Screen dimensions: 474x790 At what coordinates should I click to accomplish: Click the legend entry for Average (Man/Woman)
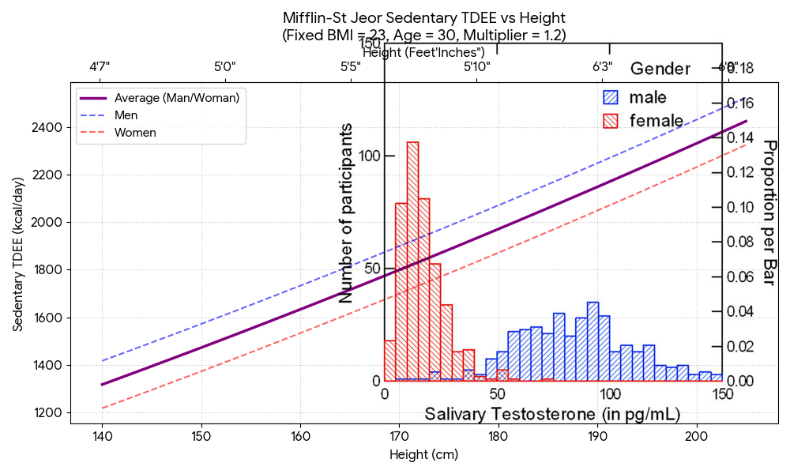pos(176,98)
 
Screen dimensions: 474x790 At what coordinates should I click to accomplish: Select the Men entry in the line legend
pos(126,115)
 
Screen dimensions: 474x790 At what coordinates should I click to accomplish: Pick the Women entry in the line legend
pos(135,133)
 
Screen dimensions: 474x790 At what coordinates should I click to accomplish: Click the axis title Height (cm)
pos(423,455)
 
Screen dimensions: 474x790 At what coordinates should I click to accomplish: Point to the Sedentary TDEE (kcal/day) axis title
pos(17,254)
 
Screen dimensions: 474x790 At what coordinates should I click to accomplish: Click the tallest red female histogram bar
pos(412,261)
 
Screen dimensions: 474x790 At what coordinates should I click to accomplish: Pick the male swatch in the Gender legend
pos(611,97)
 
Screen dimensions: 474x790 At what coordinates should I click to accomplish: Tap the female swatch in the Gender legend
pos(611,121)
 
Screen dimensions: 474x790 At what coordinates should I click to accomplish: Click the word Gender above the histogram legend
pos(660,69)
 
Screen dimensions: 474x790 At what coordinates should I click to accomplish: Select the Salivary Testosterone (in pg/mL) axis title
pos(552,414)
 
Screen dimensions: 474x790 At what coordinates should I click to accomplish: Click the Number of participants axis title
pos(346,213)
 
